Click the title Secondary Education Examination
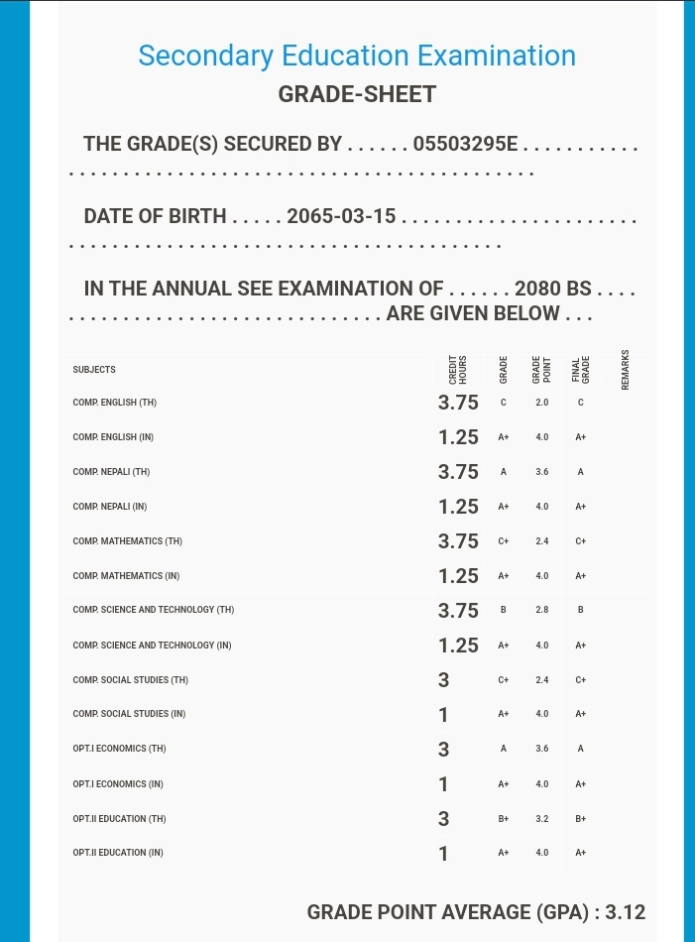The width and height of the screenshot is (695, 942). (357, 56)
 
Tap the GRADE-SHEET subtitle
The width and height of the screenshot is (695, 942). (357, 95)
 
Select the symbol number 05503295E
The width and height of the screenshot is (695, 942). (465, 145)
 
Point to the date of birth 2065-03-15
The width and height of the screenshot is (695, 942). (341, 217)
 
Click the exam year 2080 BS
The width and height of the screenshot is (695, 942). (552, 290)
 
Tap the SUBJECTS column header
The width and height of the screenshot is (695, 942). (94, 370)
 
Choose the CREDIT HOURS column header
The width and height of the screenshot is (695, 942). (458, 369)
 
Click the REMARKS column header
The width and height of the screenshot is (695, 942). (625, 369)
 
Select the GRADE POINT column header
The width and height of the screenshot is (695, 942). (541, 369)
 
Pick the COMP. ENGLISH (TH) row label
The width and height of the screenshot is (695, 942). (114, 404)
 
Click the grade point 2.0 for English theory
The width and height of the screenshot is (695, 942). (541, 403)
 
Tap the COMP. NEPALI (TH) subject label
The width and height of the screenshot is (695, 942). (111, 472)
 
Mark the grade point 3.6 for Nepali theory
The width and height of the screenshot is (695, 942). (541, 472)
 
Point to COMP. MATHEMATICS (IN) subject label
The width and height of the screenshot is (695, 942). (127, 576)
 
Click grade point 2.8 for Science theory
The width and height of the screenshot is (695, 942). (541, 610)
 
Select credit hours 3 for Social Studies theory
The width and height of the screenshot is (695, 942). (443, 680)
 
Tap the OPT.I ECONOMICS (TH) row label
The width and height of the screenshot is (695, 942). (119, 749)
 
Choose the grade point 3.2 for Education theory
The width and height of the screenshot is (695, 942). (541, 819)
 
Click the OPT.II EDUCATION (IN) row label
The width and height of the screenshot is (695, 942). (118, 853)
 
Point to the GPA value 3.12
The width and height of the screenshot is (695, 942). (625, 912)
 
